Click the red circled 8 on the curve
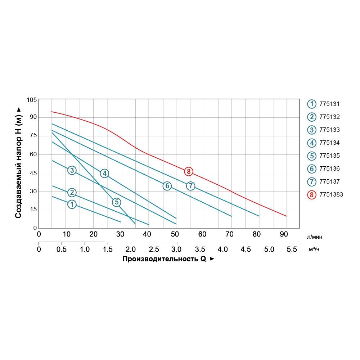pos(188,171)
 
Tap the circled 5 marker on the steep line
pos(116,202)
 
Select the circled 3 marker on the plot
pos(72,170)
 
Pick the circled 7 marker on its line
pos(190,186)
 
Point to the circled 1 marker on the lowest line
pos(72,204)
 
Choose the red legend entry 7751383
pos(331,195)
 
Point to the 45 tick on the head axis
pos(33,173)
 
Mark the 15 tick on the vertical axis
pos(33,210)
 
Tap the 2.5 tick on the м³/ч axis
pos(154,249)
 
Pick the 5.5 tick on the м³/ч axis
pos(292,249)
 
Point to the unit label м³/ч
pos(314,249)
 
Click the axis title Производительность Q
pos(164,259)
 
